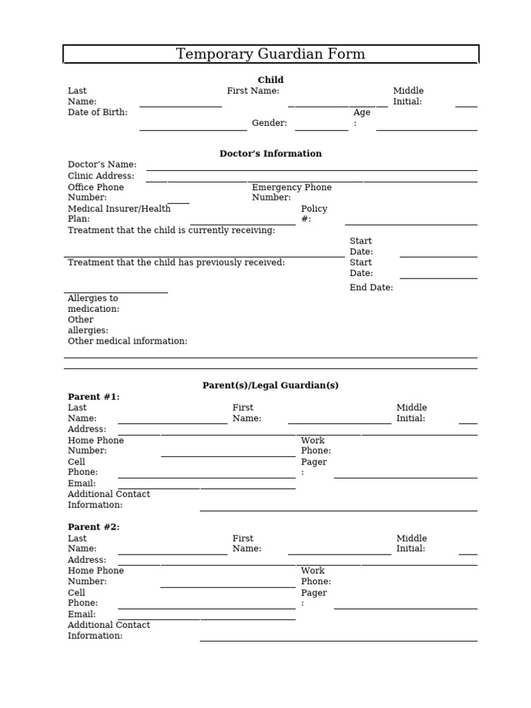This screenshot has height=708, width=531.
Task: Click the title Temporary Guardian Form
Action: pyautogui.click(x=270, y=54)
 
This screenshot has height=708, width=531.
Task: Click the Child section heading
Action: pyautogui.click(x=270, y=80)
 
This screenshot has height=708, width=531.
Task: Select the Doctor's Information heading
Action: pyautogui.click(x=270, y=153)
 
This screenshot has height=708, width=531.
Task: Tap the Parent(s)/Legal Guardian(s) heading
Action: pyautogui.click(x=270, y=385)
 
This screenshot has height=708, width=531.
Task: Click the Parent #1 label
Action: pyautogui.click(x=93, y=397)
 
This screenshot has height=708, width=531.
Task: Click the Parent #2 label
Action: pyautogui.click(x=93, y=527)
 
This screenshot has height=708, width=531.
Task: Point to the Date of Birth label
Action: pyautogui.click(x=97, y=112)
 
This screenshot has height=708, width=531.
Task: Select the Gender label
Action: pyautogui.click(x=269, y=123)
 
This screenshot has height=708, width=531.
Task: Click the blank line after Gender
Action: pyautogui.click(x=322, y=129)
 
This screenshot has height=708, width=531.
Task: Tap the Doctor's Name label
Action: pyautogui.click(x=102, y=165)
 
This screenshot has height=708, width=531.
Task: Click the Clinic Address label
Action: pyautogui.click(x=101, y=176)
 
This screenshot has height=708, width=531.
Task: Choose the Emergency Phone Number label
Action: pyautogui.click(x=291, y=192)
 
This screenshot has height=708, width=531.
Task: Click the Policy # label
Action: pyautogui.click(x=314, y=214)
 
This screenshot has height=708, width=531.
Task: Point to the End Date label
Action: pyautogui.click(x=371, y=288)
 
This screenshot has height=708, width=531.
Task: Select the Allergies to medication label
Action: pyautogui.click(x=93, y=304)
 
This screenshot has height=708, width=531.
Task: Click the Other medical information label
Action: pyautogui.click(x=127, y=341)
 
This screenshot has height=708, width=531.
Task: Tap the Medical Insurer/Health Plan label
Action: pyautogui.click(x=119, y=214)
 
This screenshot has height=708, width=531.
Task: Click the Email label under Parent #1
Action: pyautogui.click(x=82, y=483)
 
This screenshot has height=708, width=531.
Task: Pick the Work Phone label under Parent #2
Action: pyautogui.click(x=315, y=576)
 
